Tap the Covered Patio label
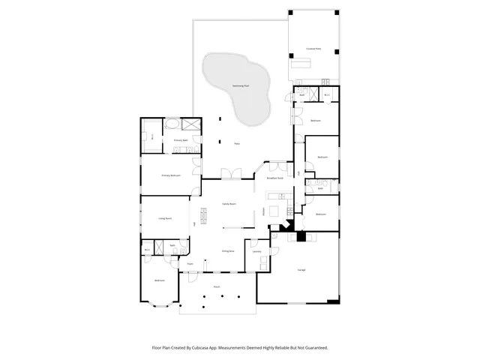click(x=313, y=49)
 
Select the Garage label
click(x=301, y=269)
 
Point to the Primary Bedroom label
click(x=171, y=175)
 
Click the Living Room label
click(x=165, y=218)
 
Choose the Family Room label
click(x=229, y=204)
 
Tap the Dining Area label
click(x=228, y=251)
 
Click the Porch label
click(x=217, y=286)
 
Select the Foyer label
click(x=190, y=264)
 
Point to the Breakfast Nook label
click(x=274, y=178)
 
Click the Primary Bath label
click(x=181, y=140)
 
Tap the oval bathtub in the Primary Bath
click(x=172, y=124)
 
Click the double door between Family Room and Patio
click(x=235, y=175)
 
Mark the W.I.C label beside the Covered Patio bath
click(x=328, y=95)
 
